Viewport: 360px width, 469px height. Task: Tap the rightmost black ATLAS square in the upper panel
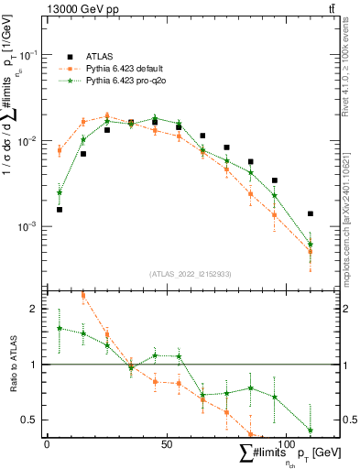click(x=311, y=213)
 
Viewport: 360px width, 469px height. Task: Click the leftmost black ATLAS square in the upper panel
click(x=60, y=209)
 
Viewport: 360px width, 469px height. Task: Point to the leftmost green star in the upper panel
click(x=60, y=192)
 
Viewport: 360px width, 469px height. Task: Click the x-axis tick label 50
click(x=167, y=443)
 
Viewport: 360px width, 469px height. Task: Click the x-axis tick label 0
click(x=47, y=443)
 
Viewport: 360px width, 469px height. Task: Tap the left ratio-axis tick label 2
click(x=34, y=309)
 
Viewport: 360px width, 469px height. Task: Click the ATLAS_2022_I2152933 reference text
click(x=191, y=274)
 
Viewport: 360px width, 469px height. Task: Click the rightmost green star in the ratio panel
click(x=311, y=430)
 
